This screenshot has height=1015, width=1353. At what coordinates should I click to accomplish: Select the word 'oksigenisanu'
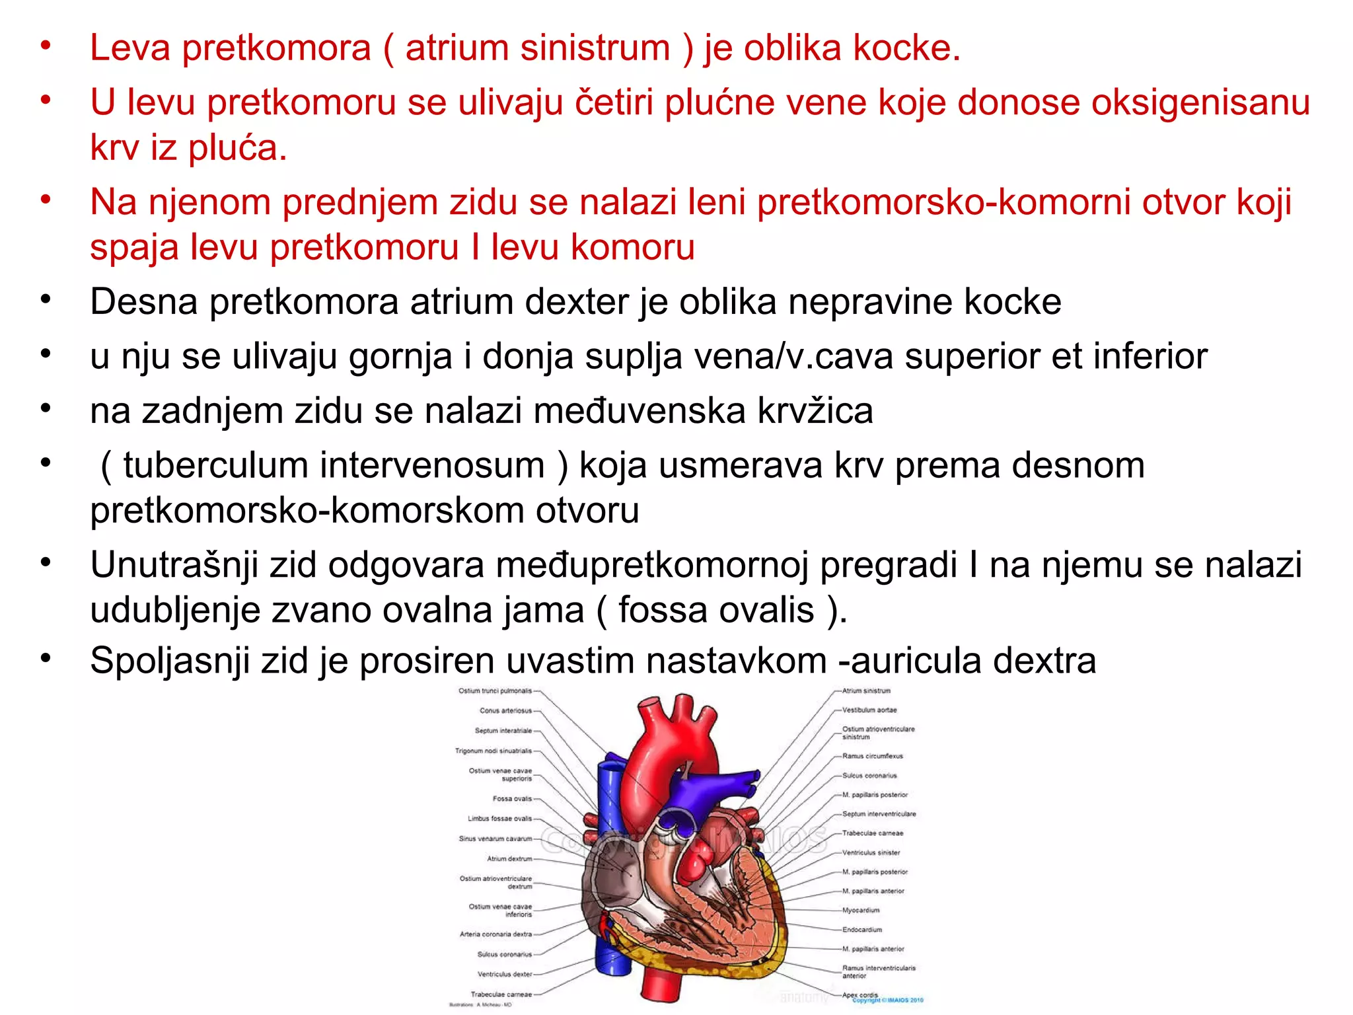click(x=1200, y=102)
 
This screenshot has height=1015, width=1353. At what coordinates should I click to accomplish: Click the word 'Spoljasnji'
click(x=169, y=660)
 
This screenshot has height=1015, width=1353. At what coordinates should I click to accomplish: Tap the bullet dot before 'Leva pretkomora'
click(x=46, y=46)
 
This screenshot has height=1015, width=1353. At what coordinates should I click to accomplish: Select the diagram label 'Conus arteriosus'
click(x=505, y=711)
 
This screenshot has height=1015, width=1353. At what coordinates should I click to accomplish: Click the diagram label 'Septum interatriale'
click(x=503, y=731)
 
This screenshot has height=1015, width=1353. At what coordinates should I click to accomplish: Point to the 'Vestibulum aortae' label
click(x=869, y=710)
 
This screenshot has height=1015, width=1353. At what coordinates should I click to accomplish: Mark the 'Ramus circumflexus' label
click(x=872, y=756)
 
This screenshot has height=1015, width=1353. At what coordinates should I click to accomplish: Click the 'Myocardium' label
click(x=861, y=911)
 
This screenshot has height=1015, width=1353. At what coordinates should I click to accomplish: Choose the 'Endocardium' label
click(x=862, y=930)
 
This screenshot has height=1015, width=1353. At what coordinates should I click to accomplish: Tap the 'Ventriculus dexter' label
click(x=505, y=974)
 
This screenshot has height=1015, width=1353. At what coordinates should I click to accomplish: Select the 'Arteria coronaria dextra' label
click(x=495, y=934)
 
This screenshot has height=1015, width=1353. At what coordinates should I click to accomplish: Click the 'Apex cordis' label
click(x=860, y=995)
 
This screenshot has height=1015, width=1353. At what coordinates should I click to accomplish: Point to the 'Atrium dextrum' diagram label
click(x=509, y=859)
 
